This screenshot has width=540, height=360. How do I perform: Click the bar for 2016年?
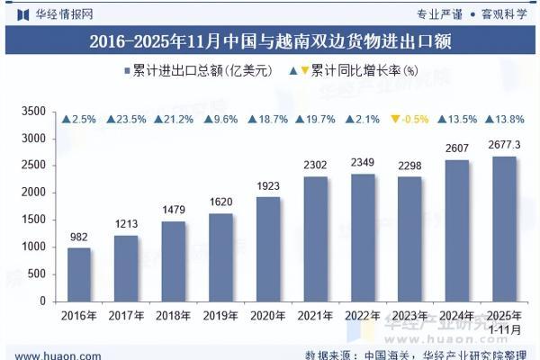coord(79,274)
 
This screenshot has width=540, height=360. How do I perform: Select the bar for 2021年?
coord(316,238)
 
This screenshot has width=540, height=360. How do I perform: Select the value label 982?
coord(79,237)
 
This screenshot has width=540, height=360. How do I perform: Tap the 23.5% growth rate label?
coord(126,119)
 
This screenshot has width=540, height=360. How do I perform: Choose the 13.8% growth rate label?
coord(504,119)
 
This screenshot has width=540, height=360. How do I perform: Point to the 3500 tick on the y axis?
coord(32,112)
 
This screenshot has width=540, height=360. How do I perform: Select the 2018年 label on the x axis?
coord(174,315)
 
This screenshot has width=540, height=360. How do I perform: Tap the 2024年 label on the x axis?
coord(457,315)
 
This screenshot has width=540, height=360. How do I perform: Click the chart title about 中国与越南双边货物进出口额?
coord(270,40)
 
